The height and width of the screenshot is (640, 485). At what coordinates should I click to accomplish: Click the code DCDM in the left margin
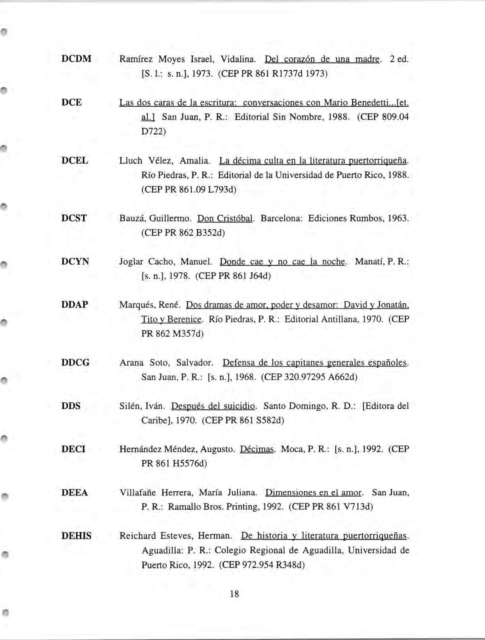tap(76, 59)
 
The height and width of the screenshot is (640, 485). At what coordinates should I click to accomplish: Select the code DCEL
tap(75, 161)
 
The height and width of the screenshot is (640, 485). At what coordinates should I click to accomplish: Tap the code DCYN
tap(75, 262)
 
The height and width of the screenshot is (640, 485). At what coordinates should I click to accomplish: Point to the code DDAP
tap(75, 305)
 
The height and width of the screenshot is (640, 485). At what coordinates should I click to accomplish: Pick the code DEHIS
tap(76, 536)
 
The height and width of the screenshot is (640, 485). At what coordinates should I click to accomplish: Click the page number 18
tap(234, 594)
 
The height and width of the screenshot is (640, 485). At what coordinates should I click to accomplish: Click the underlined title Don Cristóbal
tap(225, 219)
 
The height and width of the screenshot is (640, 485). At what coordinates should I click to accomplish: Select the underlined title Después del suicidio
tap(213, 406)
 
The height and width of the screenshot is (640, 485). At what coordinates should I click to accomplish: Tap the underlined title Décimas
tap(257, 449)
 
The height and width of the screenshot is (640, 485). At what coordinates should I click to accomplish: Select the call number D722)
tap(153, 132)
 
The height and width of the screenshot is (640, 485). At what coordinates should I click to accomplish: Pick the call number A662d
tap(338, 377)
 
